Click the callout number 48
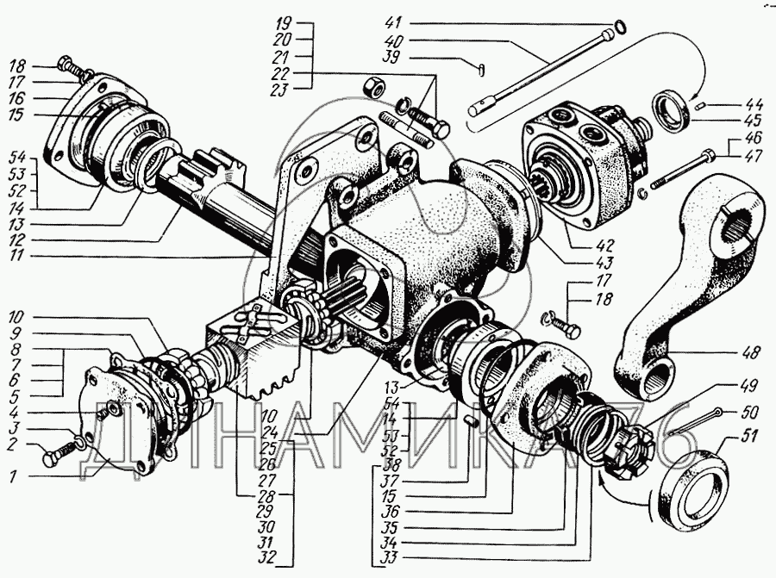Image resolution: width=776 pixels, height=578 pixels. pyautogui.click(x=750, y=352)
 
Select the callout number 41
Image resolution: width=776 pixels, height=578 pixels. pyautogui.click(x=393, y=23)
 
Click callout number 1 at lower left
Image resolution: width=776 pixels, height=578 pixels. pyautogui.click(x=13, y=476)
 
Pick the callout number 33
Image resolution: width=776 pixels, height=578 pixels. pyautogui.click(x=390, y=558)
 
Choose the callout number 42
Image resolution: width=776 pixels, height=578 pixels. pyautogui.click(x=604, y=245)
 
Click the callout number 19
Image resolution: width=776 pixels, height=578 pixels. pyautogui.click(x=283, y=23)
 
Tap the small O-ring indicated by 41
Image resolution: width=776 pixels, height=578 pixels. pyautogui.click(x=620, y=27)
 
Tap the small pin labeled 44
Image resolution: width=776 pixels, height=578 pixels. pyautogui.click(x=698, y=105)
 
